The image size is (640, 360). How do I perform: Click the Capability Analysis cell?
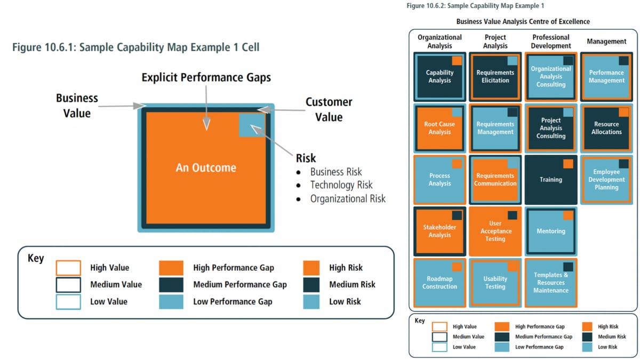point(439,76)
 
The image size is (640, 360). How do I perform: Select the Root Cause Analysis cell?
point(439,128)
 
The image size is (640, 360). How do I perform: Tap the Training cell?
point(550,180)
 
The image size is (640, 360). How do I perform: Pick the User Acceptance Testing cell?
point(495,231)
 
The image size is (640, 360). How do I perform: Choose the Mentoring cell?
point(550,231)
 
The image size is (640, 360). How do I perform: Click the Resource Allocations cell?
point(606,128)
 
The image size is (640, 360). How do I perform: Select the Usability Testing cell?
point(495,283)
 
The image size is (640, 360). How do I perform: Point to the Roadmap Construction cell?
point(439,283)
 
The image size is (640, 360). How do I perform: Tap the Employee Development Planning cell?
point(606,180)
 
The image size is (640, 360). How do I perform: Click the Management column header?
point(606,42)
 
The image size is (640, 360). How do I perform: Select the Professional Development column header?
point(550,42)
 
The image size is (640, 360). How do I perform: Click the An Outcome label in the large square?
point(206,168)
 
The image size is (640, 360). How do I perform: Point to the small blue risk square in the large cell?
point(251,124)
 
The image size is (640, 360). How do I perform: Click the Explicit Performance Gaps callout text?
point(206,78)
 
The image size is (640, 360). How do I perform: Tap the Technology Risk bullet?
point(341,185)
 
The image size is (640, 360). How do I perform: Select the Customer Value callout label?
point(329,109)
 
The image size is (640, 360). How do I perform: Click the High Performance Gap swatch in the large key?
point(171,268)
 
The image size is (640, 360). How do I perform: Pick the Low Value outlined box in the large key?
point(68,302)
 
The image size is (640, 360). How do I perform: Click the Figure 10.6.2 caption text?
point(474,6)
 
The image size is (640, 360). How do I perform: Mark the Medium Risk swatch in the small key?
point(587,337)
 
